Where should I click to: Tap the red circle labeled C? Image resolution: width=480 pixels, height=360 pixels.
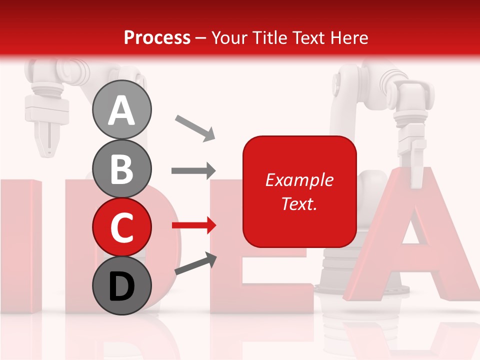121,227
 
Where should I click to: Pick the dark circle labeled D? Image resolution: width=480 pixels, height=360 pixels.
121,285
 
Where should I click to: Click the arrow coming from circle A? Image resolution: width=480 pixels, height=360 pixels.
195,128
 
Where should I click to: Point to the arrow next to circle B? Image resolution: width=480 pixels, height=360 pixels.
193,171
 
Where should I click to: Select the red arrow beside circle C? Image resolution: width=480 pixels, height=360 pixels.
193,225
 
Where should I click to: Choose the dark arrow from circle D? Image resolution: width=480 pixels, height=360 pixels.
195,264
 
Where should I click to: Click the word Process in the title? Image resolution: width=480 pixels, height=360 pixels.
157,37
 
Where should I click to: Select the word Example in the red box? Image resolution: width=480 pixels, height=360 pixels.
299,180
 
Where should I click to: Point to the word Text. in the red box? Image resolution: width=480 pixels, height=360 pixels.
299,203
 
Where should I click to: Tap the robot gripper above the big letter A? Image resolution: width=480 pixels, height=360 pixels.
411,145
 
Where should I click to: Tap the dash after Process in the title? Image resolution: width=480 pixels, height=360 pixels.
200,38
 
